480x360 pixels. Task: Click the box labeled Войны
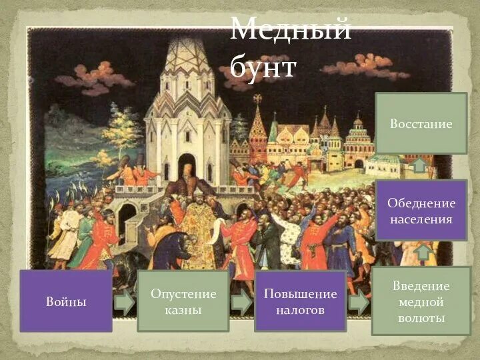tap(65, 301)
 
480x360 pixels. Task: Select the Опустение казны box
tap(183, 301)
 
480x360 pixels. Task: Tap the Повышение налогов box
tap(300, 301)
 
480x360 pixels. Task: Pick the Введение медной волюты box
tap(421, 301)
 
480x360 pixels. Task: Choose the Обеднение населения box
tap(421, 211)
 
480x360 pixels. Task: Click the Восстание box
tap(421, 124)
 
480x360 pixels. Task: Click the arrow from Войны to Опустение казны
tap(124, 303)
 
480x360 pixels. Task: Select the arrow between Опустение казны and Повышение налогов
tap(241, 303)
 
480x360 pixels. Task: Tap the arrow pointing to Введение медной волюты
tap(359, 303)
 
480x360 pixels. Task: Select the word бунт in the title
tap(263, 67)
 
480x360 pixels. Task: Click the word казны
tap(183, 309)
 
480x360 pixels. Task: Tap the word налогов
tap(300, 309)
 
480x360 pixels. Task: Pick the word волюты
tap(421, 318)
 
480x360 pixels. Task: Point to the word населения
tap(421, 219)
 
